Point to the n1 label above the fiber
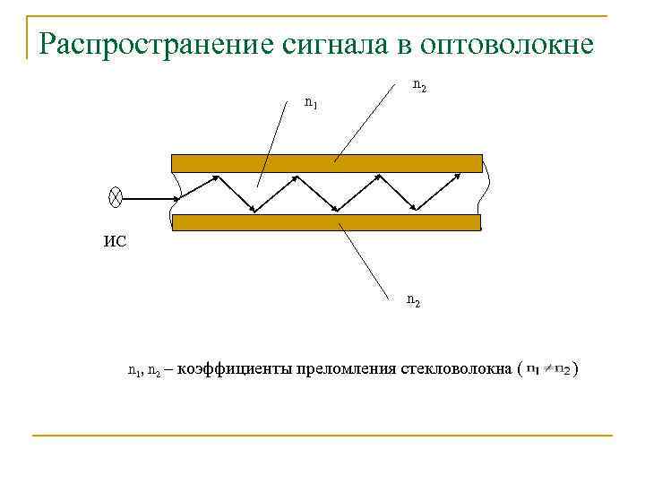coord(311,103)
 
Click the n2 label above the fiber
coord(418,85)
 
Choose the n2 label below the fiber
coord(414,301)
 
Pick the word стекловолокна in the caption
coord(456,368)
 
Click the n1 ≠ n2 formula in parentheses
coord(547,368)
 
